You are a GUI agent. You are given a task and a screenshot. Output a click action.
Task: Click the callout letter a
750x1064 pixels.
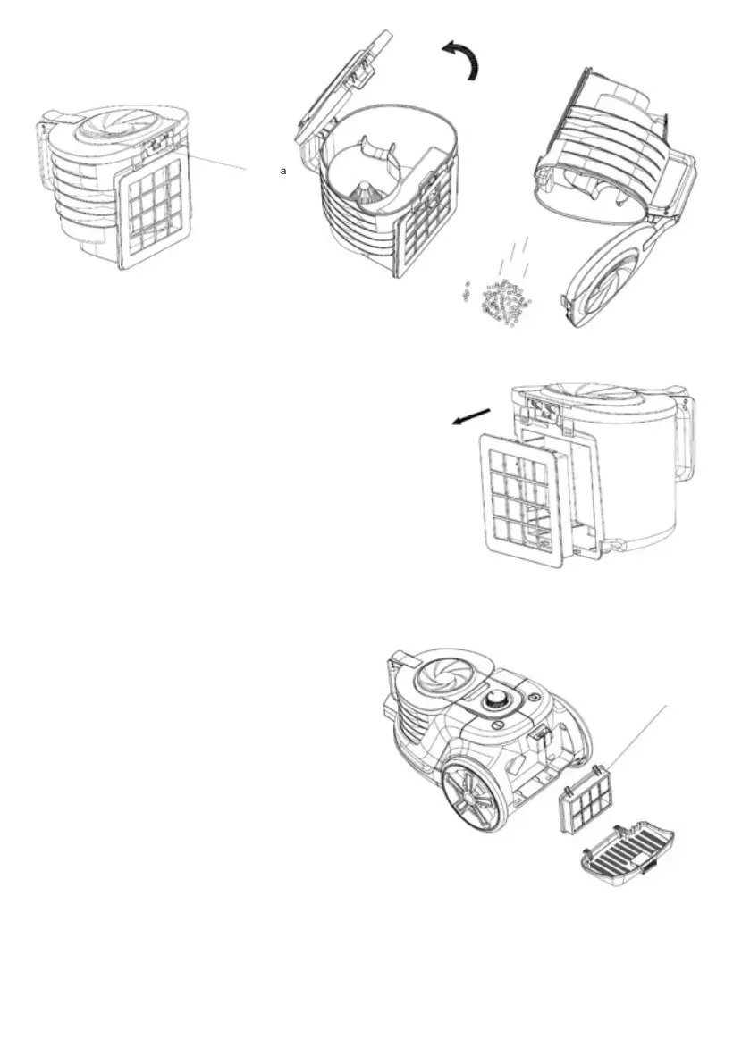283,170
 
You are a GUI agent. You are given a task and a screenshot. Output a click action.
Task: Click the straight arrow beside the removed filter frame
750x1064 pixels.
471,417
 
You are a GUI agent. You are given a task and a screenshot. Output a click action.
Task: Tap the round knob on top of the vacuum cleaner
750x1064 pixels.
496,703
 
